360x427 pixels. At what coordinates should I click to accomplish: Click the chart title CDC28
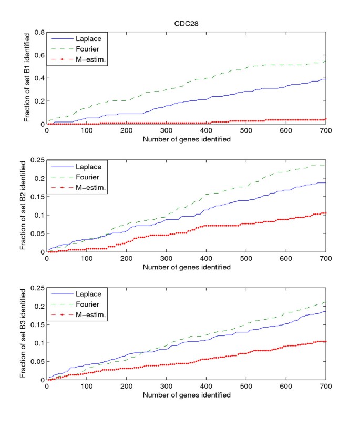pos(187,24)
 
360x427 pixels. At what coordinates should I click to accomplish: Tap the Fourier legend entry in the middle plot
pos(85,177)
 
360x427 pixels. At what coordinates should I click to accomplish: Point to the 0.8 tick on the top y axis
pos(39,32)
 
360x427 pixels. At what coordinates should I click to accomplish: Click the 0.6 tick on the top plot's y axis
pos(39,55)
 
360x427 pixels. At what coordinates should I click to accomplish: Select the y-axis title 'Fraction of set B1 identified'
pos(27,78)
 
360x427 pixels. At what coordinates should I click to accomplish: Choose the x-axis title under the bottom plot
pos(187,394)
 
